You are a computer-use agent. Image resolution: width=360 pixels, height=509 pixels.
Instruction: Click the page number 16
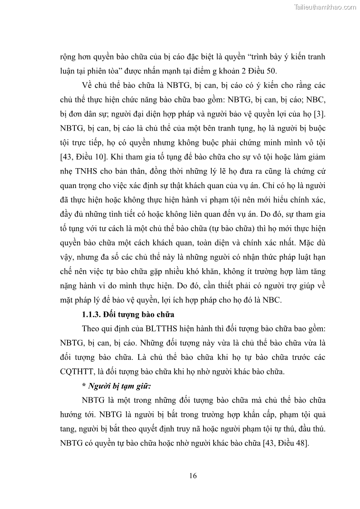pyautogui.click(x=192, y=475)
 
